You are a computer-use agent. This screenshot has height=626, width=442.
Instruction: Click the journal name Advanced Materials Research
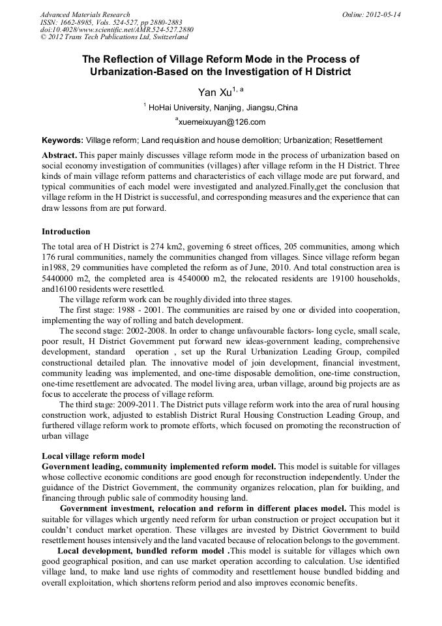coord(85,14)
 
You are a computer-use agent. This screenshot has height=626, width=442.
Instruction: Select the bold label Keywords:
coord(63,140)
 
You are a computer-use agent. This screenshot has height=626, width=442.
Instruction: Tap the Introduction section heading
coord(66,232)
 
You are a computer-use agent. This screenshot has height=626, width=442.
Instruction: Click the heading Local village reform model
coord(93,455)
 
